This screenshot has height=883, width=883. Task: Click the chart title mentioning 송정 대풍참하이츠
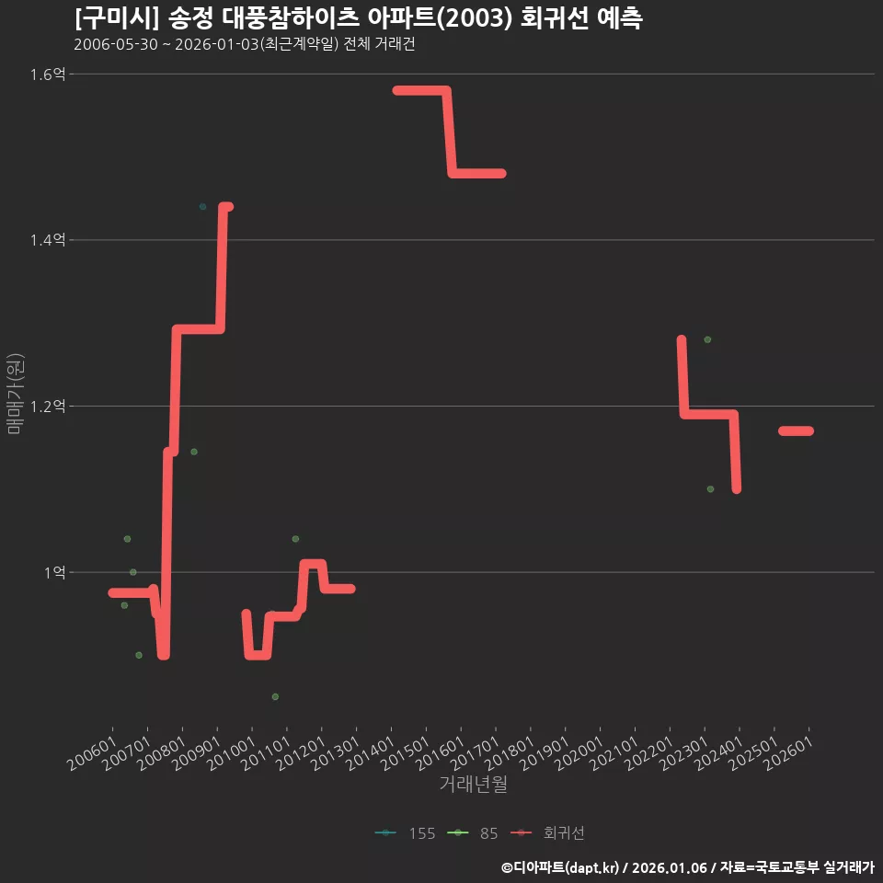tap(358, 18)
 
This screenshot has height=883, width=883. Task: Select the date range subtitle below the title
tap(245, 44)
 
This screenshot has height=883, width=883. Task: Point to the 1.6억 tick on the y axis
tap(48, 74)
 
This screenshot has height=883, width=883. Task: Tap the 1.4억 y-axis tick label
tap(48, 240)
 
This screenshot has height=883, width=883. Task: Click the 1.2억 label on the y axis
tap(48, 406)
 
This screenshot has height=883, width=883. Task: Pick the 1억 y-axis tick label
tap(54, 572)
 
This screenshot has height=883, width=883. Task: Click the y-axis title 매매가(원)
tap(15, 395)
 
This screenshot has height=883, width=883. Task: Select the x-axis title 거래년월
tap(473, 784)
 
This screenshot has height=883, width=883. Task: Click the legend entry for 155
tap(405, 833)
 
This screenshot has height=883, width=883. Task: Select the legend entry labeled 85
tap(473, 833)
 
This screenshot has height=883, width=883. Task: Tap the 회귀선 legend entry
tap(547, 833)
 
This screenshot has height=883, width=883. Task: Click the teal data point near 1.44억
tap(202, 207)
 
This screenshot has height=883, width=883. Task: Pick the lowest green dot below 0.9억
tap(275, 696)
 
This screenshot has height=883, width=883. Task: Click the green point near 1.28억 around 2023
tap(708, 339)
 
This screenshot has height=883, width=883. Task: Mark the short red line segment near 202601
tap(797, 430)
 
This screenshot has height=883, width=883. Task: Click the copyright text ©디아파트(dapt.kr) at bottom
tap(560, 867)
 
